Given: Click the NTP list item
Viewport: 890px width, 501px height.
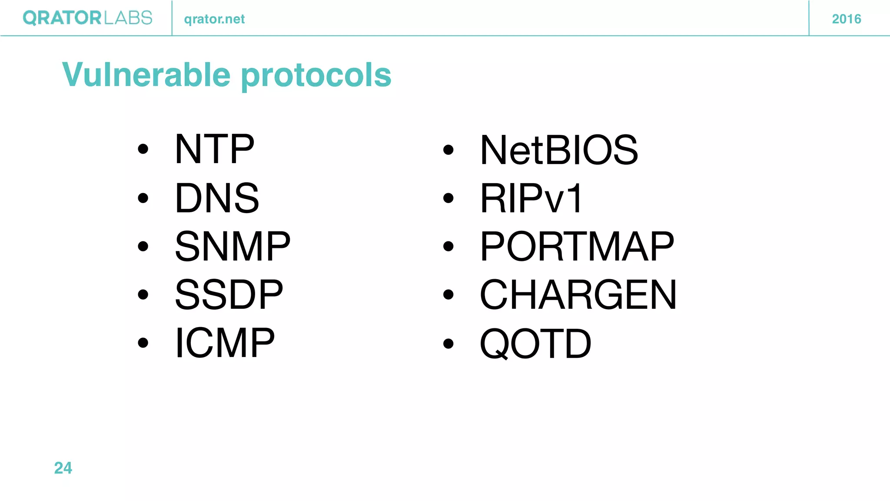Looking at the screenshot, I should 214,149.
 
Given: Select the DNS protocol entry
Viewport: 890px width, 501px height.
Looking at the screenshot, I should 217,198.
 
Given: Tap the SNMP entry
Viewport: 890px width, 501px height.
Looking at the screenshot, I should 232,246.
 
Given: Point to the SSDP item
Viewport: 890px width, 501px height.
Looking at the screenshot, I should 229,294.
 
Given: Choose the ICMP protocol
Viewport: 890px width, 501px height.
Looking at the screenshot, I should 225,343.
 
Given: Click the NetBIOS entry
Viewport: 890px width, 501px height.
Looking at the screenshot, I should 559,150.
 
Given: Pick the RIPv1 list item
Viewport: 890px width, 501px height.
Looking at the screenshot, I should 531,198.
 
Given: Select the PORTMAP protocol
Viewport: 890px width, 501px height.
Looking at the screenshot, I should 577,247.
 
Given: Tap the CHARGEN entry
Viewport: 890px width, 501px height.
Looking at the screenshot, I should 578,295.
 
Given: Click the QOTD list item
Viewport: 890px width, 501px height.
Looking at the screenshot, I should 535,344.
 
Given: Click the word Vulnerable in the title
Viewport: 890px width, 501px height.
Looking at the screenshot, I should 146,74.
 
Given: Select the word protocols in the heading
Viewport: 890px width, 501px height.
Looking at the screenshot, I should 316,76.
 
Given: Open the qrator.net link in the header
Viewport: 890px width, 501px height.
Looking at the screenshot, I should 214,19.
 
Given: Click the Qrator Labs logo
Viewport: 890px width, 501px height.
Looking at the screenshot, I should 87,18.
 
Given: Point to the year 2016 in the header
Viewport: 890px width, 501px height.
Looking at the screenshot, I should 846,19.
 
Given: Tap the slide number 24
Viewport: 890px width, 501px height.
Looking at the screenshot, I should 63,468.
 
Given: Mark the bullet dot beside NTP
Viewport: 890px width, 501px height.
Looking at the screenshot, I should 143,150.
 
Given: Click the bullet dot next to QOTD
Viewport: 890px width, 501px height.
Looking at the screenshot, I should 448,344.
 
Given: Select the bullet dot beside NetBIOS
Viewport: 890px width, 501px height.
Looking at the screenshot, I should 448,150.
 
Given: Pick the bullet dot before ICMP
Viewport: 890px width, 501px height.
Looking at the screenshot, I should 143,343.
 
